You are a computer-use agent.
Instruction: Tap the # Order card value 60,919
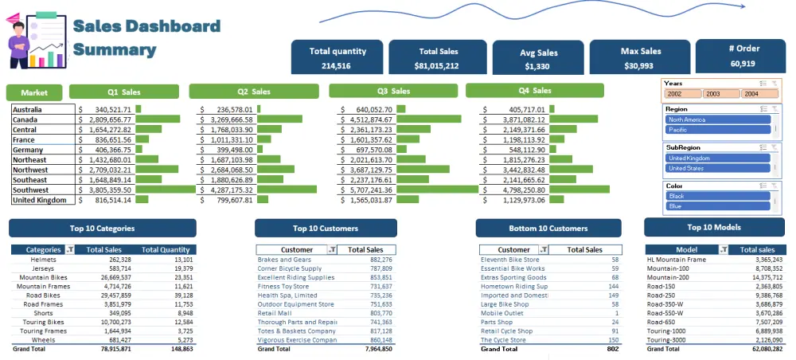pos(743,63)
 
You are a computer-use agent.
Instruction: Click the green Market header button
pos(34,92)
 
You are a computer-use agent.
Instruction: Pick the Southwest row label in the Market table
pos(30,190)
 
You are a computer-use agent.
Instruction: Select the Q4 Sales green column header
pos(535,91)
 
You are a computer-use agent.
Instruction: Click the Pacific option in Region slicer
pos(719,129)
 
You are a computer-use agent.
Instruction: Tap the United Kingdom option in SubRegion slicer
pos(719,158)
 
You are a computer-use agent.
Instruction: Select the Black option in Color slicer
pos(719,196)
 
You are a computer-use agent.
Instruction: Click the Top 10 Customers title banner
pos(325,229)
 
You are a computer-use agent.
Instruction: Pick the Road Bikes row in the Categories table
pos(43,295)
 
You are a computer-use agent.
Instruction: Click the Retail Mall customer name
pos(275,314)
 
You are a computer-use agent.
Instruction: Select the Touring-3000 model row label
pos(668,339)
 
